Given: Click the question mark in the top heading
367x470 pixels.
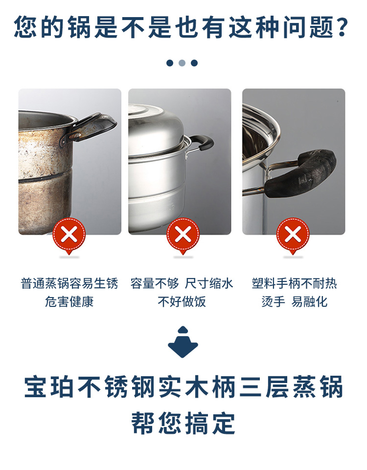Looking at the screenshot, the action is pyautogui.click(x=342, y=27).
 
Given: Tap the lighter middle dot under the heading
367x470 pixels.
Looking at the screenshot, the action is pyautogui.click(x=182, y=63).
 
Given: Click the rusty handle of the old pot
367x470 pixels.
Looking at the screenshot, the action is pyautogui.click(x=90, y=128).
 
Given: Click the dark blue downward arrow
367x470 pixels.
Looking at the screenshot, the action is pyautogui.click(x=183, y=342).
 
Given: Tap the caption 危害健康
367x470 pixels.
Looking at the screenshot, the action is pyautogui.click(x=69, y=301).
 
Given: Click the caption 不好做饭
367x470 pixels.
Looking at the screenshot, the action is pyautogui.click(x=182, y=301).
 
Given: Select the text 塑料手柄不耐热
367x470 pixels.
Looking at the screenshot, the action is pyautogui.click(x=294, y=283).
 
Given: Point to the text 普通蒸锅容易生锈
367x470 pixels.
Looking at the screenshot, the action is pyautogui.click(x=69, y=283).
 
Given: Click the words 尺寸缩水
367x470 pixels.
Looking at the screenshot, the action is pyautogui.click(x=209, y=283).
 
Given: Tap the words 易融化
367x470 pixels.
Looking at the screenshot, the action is pyautogui.click(x=309, y=301).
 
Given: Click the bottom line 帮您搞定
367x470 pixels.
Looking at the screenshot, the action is pyautogui.click(x=183, y=423).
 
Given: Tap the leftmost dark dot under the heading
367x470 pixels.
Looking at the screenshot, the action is pyautogui.click(x=170, y=63).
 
